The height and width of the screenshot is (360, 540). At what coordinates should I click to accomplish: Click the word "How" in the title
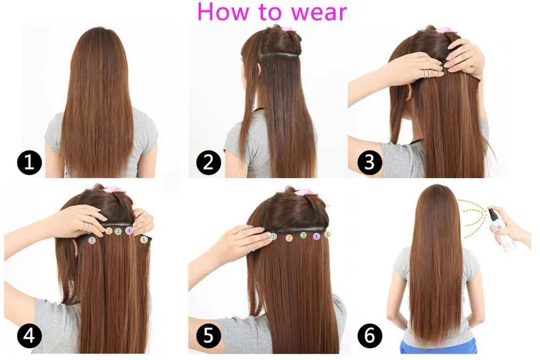223,11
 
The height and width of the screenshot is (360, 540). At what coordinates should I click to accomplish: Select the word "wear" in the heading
319,12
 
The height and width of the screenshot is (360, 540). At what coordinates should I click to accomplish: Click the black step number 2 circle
208,162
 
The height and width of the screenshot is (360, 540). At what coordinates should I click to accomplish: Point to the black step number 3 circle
369,162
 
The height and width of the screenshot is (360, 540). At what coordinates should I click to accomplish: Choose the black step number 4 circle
29,335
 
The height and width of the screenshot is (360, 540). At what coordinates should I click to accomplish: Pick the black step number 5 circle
208,335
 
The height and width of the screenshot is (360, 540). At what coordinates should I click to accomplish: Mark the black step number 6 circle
369,335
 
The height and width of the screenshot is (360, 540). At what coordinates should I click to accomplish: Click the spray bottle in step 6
501,229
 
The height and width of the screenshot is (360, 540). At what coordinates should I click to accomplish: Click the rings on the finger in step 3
427,73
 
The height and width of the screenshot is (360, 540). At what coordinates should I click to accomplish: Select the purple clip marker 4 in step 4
129,230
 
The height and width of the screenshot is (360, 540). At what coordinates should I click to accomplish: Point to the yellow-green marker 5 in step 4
144,239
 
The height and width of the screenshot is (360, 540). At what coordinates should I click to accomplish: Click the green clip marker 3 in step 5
303,235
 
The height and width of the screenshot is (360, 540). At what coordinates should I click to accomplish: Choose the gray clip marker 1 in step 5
273,236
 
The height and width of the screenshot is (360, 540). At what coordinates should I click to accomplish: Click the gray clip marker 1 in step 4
92,241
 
